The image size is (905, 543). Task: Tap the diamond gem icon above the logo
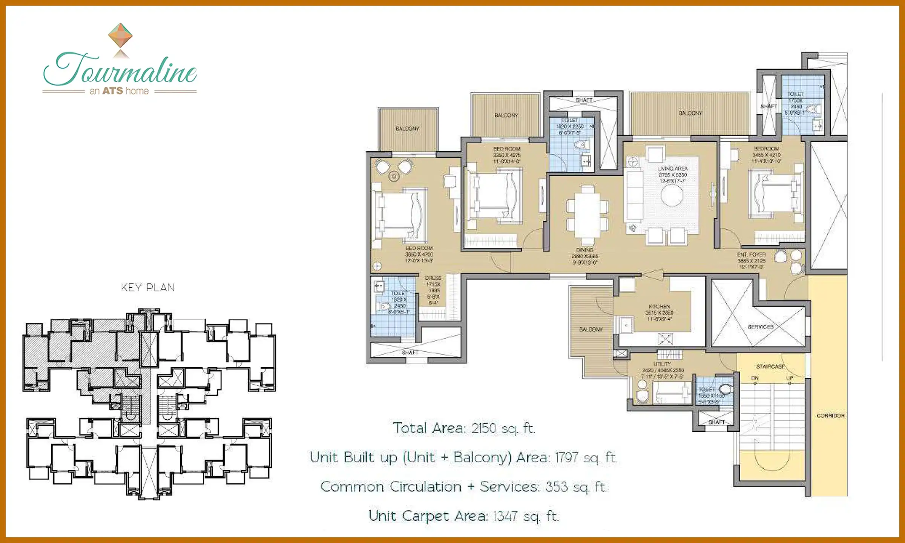pos(120,35)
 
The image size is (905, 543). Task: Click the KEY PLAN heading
pos(148,288)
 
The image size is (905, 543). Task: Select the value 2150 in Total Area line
pos(484,428)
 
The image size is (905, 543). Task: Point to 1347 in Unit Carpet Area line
pos(505,516)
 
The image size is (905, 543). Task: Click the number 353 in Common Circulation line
pos(557,487)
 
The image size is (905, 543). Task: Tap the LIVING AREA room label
pos(673,169)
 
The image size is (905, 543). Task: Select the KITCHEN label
pos(660,307)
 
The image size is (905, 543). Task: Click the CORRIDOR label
pos(830,416)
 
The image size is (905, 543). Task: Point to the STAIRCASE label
pos(770,367)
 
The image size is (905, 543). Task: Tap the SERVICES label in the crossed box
pos(760,327)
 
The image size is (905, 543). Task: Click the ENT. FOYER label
pos(751,255)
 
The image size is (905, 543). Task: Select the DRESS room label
pos(433,278)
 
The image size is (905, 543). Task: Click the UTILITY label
pos(662,364)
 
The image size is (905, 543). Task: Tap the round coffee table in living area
pos(672,196)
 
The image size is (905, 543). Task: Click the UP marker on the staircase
pos(790,378)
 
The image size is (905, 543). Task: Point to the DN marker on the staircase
pos(755,378)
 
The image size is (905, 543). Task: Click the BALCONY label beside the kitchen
pos(591,330)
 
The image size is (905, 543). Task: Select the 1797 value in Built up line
pos(567,458)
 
